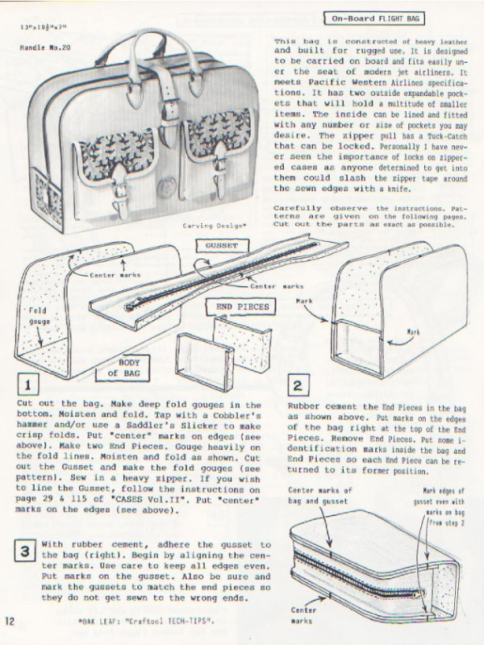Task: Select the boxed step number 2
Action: (x=298, y=385)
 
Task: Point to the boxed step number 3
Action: (x=27, y=551)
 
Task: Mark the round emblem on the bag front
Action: (x=166, y=188)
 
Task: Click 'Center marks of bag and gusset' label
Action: (x=321, y=493)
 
